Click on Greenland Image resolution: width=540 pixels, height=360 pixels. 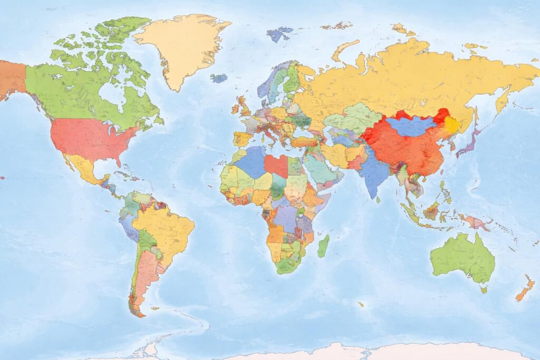pyautogui.click(x=182, y=47)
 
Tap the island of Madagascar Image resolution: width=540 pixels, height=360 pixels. pyautogui.click(x=323, y=246)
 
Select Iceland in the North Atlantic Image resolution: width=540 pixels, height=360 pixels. pyautogui.click(x=219, y=78)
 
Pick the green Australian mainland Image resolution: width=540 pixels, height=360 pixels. pyautogui.click(x=461, y=258)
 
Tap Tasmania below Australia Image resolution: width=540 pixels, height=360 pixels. pyautogui.click(x=484, y=289)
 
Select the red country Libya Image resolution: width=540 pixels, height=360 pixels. pyautogui.click(x=276, y=166)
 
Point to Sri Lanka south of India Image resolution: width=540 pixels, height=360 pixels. pyautogui.click(x=378, y=200)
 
